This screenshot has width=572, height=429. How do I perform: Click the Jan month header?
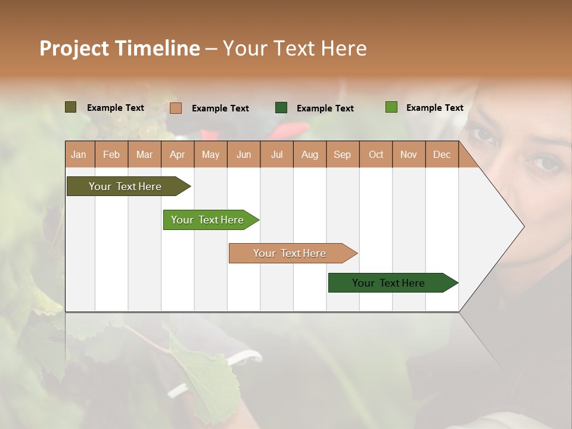(x=79, y=154)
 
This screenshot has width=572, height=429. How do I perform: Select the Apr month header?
(x=177, y=154)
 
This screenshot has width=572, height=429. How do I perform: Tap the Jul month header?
(x=276, y=154)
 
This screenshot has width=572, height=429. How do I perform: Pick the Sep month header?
(x=342, y=154)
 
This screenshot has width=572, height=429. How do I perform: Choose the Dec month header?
(x=442, y=154)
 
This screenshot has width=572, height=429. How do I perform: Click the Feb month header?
(x=111, y=154)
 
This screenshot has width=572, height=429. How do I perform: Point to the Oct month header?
(x=376, y=154)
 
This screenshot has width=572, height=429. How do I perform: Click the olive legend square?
(x=70, y=107)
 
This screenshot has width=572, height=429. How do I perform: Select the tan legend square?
(x=175, y=108)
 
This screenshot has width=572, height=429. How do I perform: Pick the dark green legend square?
(x=281, y=108)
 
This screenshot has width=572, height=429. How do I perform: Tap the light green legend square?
(x=391, y=107)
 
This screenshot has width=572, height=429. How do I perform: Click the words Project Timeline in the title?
(x=119, y=48)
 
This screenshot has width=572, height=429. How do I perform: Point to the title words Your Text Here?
(x=294, y=48)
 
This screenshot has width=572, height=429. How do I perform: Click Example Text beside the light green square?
(x=434, y=108)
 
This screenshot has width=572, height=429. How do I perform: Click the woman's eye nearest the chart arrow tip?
(x=541, y=163)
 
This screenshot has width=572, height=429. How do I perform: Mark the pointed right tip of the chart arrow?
(x=523, y=226)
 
